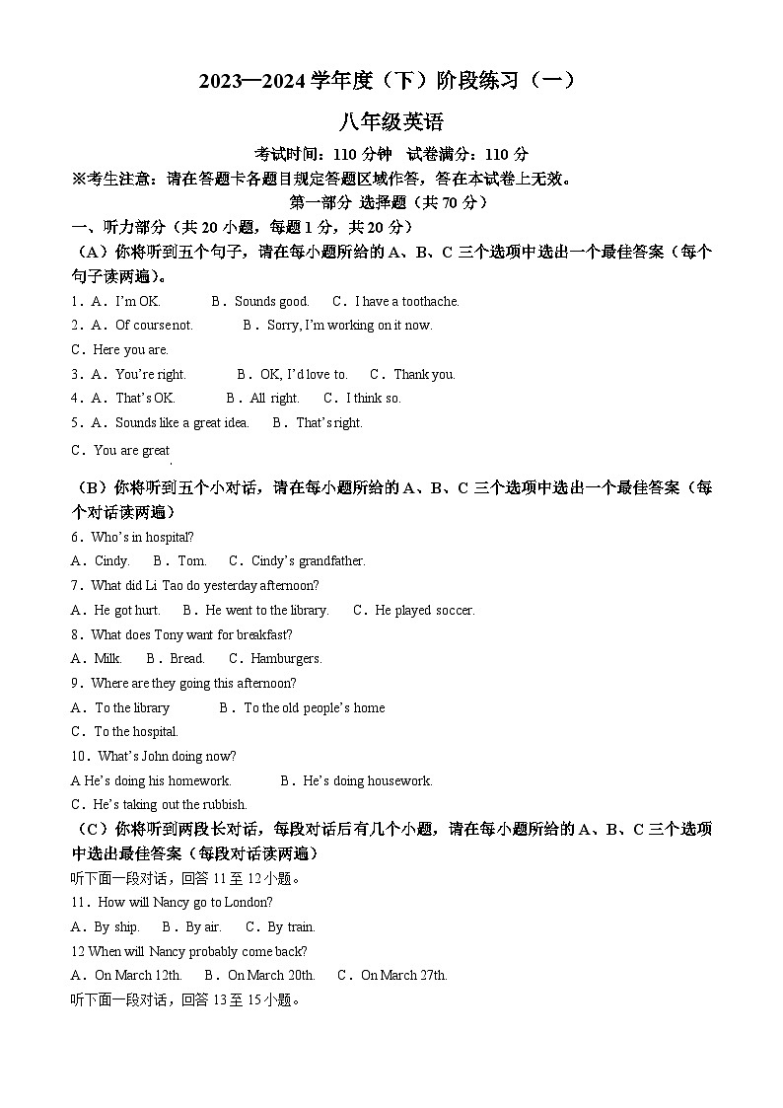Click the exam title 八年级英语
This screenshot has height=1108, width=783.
click(x=391, y=122)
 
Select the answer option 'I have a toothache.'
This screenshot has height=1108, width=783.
click(x=406, y=301)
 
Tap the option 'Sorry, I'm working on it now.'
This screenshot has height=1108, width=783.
click(x=349, y=326)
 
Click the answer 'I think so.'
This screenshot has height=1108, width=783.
click(x=373, y=399)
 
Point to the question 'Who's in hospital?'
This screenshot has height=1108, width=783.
click(x=142, y=537)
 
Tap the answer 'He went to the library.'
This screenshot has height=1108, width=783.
click(x=266, y=611)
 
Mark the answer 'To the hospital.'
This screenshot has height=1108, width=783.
click(x=136, y=732)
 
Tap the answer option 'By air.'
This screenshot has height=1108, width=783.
click(x=202, y=927)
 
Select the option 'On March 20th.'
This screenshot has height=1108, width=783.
click(x=270, y=976)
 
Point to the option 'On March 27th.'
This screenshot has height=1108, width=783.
click(x=403, y=976)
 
